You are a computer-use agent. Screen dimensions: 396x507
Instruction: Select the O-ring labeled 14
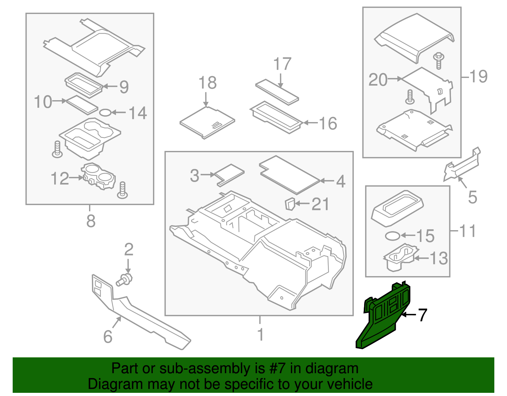tap(105, 113)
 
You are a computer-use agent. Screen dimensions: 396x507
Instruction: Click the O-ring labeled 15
tap(392, 236)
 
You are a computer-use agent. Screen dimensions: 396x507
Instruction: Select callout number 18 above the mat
tap(208, 83)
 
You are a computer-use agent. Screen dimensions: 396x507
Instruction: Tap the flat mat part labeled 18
tap(207, 122)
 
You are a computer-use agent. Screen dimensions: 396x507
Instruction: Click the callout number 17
tap(282, 64)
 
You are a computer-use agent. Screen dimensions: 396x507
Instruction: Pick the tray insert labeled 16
tap(276, 117)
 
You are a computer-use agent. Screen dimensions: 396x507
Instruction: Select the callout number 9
tap(124, 87)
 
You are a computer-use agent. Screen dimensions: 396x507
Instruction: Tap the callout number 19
tap(478, 76)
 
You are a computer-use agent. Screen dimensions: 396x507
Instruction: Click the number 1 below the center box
tap(260, 335)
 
